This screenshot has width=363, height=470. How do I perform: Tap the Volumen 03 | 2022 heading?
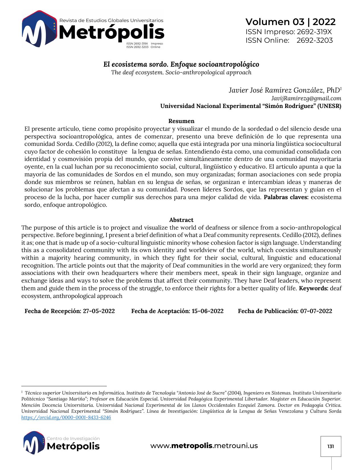290,22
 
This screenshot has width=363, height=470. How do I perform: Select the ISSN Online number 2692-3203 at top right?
315,40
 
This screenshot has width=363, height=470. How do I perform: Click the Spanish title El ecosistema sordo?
181,64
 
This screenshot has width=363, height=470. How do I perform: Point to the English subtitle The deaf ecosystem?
181,72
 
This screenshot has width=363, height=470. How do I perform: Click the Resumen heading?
181,121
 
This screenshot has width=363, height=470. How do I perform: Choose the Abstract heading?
181,220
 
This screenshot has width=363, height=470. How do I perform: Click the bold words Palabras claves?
286,197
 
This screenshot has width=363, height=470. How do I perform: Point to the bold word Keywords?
313,288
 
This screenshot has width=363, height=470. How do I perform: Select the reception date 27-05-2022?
99,311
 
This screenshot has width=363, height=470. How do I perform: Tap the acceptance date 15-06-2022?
208,311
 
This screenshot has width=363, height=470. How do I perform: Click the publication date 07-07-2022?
316,311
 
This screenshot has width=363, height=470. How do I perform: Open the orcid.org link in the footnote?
66,417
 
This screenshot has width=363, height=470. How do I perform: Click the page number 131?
331,446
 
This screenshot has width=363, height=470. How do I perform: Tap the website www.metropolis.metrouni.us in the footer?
204,446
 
